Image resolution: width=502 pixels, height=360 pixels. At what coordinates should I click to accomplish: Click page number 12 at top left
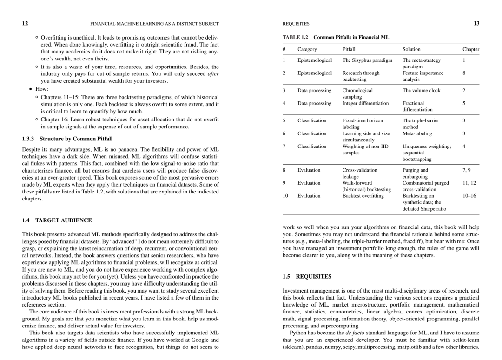coord(25,23)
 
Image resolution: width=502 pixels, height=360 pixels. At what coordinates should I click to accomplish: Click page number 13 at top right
coord(476,23)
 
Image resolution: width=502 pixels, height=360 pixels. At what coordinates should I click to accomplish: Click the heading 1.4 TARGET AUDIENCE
coord(57,220)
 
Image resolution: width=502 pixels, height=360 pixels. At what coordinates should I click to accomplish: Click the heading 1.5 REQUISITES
coord(307,276)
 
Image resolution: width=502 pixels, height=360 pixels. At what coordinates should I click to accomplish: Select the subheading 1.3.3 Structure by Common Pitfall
coord(67,139)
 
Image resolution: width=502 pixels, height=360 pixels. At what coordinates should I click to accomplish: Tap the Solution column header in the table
coord(411,49)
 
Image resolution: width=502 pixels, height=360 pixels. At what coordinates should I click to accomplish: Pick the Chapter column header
coord(470,49)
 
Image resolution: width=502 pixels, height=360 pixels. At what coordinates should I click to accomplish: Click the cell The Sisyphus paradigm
coord(367,60)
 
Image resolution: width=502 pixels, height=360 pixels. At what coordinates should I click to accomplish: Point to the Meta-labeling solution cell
coord(417,133)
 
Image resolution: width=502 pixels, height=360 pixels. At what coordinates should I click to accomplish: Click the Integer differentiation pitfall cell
coord(365,103)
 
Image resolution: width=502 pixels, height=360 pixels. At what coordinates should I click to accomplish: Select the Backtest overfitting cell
coord(363,196)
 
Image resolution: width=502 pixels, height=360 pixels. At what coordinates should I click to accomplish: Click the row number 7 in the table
coord(284,147)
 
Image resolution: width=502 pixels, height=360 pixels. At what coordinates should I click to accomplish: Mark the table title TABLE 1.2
coord(296,37)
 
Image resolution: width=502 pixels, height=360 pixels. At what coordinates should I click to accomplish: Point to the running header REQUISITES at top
coord(296,23)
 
